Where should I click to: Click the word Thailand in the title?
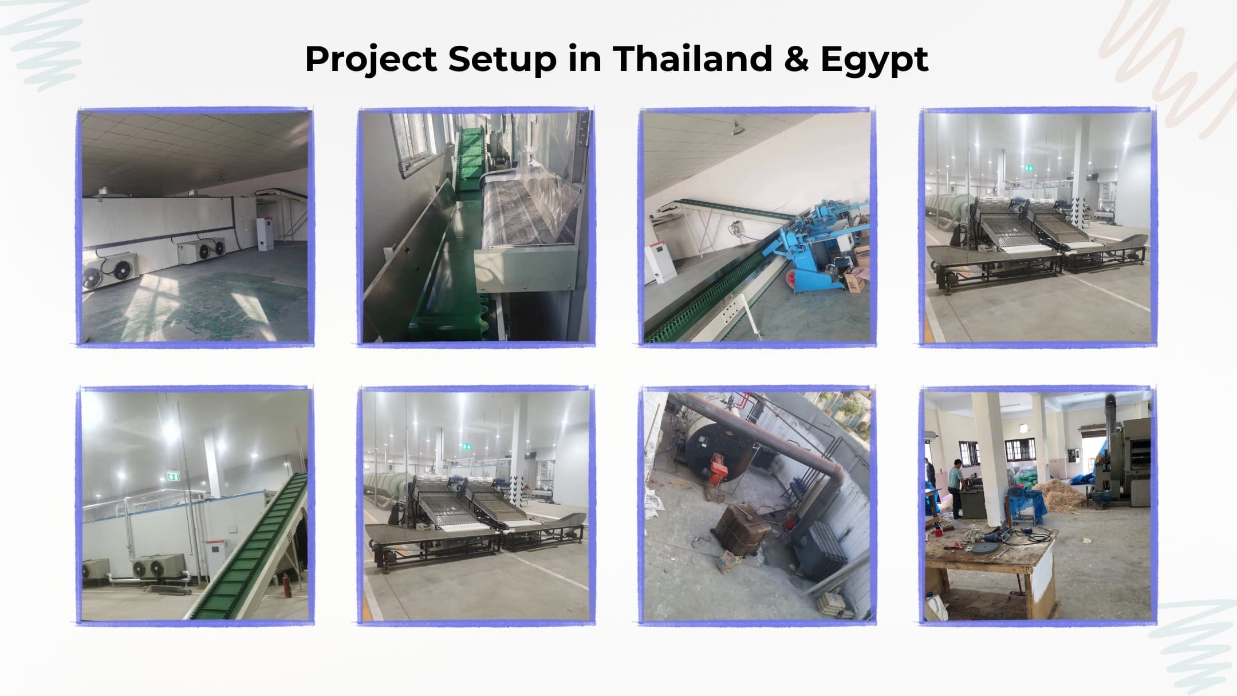point(693,58)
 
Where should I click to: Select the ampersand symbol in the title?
point(797,59)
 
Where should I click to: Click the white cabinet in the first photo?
point(264,233)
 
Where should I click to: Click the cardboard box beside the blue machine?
point(853,280)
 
